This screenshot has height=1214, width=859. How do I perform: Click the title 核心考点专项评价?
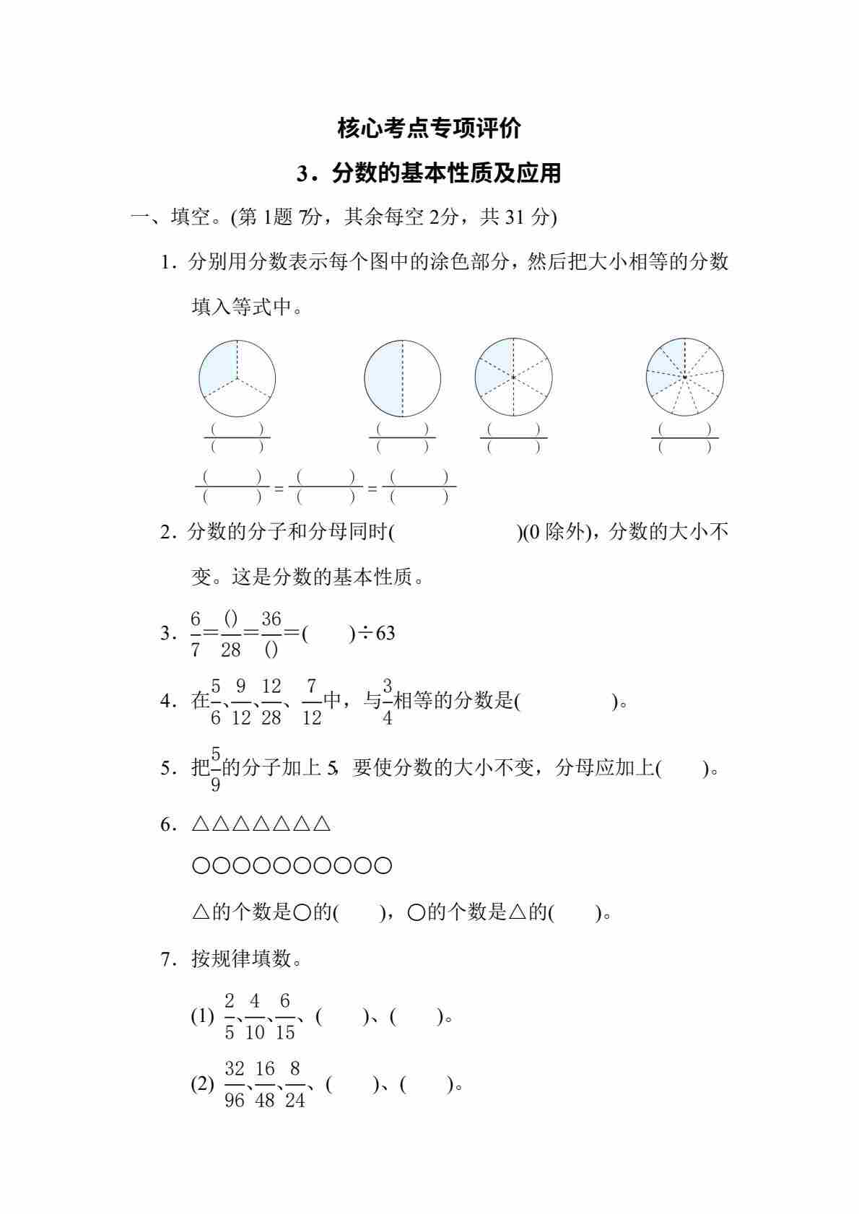(429, 128)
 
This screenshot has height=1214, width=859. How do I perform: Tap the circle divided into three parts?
(237, 378)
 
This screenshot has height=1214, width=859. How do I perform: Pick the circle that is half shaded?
(402, 378)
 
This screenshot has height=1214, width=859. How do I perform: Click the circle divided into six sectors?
(513, 377)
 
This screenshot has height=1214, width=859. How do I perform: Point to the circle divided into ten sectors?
(684, 377)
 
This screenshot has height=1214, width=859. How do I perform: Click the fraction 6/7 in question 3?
(196, 634)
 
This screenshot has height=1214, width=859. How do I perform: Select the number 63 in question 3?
(385, 633)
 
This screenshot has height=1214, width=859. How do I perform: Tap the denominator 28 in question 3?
(230, 650)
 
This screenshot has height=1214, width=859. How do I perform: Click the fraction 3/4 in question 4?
(388, 701)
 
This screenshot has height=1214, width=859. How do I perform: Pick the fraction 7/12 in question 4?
(311, 701)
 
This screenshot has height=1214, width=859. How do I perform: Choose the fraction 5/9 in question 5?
(215, 769)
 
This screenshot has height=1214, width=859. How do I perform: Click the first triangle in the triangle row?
(200, 824)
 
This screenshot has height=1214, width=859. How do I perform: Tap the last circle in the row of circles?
(384, 865)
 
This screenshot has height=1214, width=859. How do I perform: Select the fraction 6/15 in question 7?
(285, 1016)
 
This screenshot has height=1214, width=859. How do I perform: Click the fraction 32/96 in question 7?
(235, 1084)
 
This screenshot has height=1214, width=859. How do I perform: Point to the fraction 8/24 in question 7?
(295, 1084)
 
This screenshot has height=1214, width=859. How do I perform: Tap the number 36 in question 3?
(271, 619)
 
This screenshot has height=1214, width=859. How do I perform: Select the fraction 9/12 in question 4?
(241, 701)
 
